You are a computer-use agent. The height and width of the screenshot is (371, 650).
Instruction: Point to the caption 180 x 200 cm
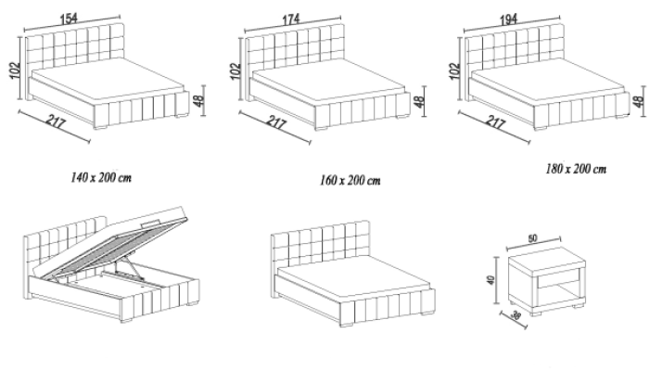click(x=575, y=169)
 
